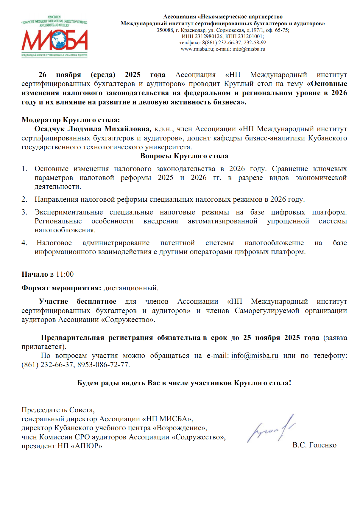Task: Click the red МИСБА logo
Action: (54, 40)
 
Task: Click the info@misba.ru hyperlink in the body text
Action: (255, 355)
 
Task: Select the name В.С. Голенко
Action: (314, 445)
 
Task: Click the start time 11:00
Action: (65, 274)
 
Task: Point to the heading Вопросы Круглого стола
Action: (184, 156)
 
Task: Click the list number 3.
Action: (24, 212)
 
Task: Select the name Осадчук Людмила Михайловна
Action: (93, 129)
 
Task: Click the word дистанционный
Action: (131, 288)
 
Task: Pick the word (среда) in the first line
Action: (103, 75)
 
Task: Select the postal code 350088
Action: (165, 30)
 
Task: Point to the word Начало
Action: (35, 274)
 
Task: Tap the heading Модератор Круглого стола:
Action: (71, 120)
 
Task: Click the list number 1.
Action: (24, 169)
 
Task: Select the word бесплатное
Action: (96, 301)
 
